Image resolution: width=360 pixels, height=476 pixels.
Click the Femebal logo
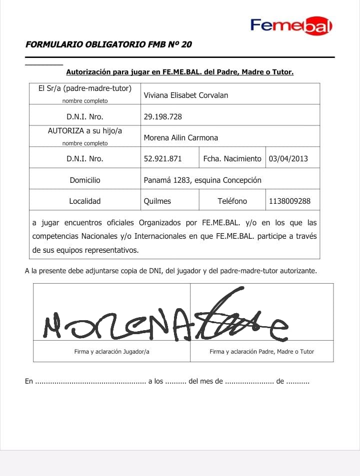(291, 25)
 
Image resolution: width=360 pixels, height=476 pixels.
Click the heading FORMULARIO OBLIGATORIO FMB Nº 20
(108, 44)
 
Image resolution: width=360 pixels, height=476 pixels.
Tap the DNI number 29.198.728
(162, 117)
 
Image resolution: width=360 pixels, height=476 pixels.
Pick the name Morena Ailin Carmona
(180, 138)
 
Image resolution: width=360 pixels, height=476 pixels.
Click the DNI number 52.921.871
(162, 159)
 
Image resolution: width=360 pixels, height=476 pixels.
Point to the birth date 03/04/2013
(288, 159)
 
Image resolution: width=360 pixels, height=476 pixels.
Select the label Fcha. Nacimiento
(232, 159)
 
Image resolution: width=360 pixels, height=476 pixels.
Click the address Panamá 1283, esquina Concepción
(202, 180)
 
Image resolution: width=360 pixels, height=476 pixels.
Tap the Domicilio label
(85, 180)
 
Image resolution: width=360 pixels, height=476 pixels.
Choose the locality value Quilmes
(157, 201)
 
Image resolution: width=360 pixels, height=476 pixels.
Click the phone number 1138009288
(289, 201)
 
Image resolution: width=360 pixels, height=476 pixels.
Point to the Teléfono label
(232, 201)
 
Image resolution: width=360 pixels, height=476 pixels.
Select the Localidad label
(85, 201)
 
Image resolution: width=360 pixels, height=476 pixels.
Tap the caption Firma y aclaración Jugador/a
(111, 352)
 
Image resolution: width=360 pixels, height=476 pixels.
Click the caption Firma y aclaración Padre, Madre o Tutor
(261, 352)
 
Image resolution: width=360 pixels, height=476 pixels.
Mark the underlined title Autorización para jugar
(179, 72)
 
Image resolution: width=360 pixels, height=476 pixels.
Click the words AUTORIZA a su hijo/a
(85, 131)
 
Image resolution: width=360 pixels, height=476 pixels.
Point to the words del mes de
(205, 382)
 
